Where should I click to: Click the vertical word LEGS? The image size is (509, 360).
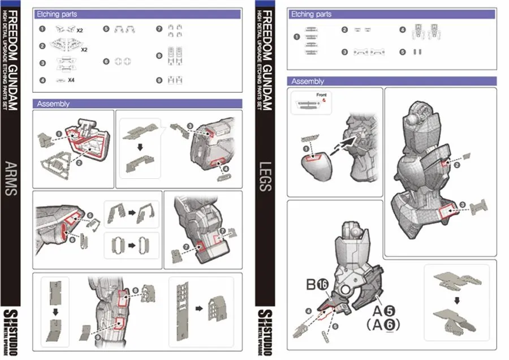[x=265, y=178]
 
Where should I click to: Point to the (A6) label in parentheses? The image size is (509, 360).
[x=382, y=325]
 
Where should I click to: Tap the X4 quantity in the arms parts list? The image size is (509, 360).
[x=71, y=80]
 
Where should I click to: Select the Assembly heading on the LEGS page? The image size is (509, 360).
[x=308, y=81]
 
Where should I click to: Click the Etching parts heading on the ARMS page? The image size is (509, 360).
[x=57, y=14]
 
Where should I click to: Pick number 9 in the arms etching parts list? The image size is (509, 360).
[x=159, y=80]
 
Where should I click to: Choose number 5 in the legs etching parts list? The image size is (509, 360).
[x=403, y=52]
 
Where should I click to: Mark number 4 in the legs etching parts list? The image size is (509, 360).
[x=403, y=29]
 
